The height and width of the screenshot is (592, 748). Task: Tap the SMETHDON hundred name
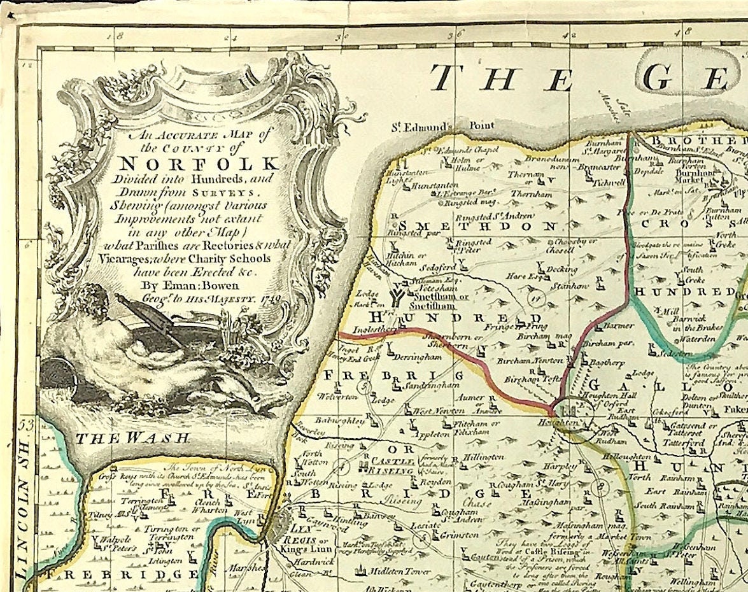pos(479,225)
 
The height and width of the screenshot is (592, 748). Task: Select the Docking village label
pos(561,269)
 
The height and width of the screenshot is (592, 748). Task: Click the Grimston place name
pos(459,535)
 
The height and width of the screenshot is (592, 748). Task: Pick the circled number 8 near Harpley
pos(598,487)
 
